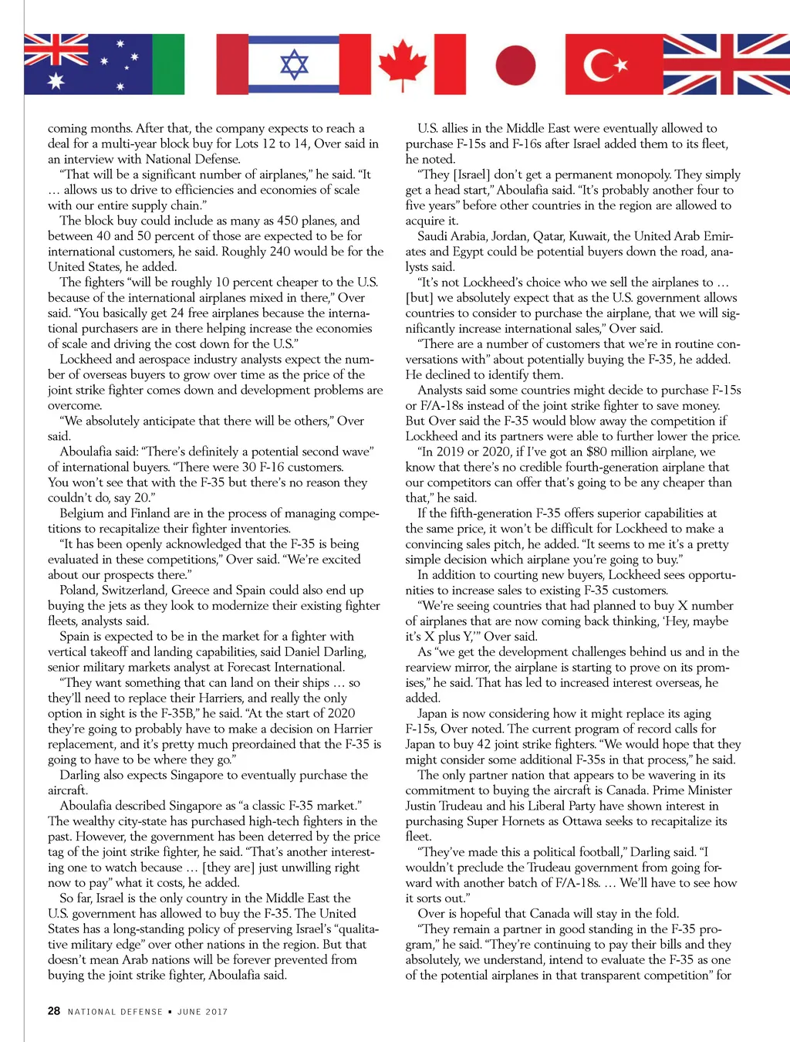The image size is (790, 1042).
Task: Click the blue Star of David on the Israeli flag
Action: coord(294,65)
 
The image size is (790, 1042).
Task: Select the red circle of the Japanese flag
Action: coord(515,65)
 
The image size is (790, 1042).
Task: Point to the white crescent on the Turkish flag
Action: coord(598,65)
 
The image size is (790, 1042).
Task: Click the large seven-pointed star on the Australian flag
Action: coord(56,80)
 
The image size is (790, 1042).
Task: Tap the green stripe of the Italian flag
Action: coord(169,65)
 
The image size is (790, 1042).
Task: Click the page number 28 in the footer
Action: coord(54,1011)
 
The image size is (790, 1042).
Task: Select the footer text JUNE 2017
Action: coord(202,1012)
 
